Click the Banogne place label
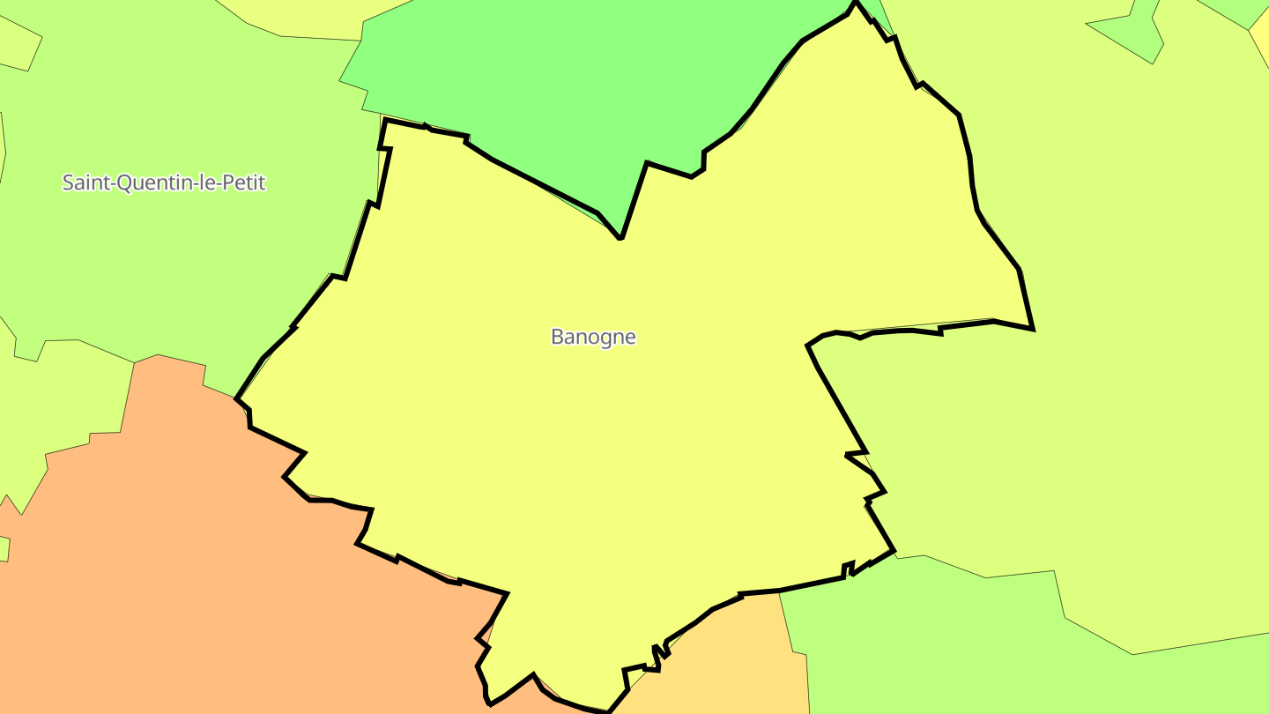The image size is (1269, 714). pos(593,337)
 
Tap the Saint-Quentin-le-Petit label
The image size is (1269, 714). pos(164,182)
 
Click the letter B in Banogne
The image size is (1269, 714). pos(557,337)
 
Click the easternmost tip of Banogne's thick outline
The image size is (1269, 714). pos(1033,329)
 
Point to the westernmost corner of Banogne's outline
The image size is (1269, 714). pos(236,398)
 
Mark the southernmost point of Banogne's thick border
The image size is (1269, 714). pos(609,710)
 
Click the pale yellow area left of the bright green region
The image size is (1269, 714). pos(291,18)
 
